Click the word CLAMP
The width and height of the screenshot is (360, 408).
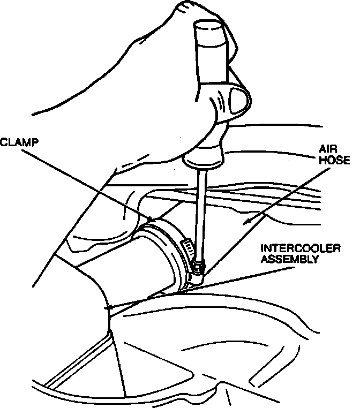click(19, 142)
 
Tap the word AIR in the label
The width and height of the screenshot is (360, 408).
click(328, 149)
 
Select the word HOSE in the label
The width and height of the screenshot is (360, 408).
click(334, 160)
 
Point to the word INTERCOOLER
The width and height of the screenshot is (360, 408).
click(301, 248)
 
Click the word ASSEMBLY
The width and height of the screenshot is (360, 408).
click(290, 259)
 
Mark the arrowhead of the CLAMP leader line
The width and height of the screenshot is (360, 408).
click(151, 220)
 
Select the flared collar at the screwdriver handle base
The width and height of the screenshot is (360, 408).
click(204, 160)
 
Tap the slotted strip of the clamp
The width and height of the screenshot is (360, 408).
click(188, 247)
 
